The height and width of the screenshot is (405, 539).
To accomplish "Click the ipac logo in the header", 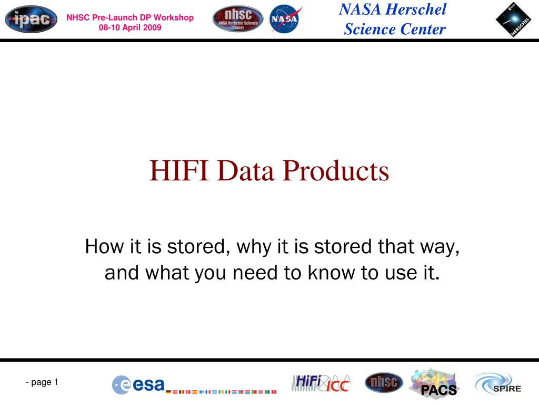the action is pos(31,20).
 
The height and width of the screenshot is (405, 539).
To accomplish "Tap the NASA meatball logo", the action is pos(285,19).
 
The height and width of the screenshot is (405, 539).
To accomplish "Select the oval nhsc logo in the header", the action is pos(238,18).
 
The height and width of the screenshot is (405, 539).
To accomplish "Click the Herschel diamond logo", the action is pos(514,20).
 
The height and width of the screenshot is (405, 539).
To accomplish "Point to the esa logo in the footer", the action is pos(138,384).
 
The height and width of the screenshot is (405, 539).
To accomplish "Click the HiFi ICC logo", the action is pos(321,383).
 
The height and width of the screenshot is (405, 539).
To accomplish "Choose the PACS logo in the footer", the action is pos(434,383).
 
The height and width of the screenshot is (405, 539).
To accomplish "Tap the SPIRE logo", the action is pos(497,384).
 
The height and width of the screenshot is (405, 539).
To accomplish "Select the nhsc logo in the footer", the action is pos(384,382).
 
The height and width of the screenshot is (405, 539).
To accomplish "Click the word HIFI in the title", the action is pos(179,170).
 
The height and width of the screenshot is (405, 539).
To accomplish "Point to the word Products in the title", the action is pos(336,170).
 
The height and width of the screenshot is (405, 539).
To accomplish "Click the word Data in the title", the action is pos(246,170).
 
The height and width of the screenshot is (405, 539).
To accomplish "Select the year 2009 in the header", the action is pos(152,27).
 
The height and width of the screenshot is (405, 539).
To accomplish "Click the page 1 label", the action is pos(42,382).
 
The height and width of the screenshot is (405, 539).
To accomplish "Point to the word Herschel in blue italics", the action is pos(416,9).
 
